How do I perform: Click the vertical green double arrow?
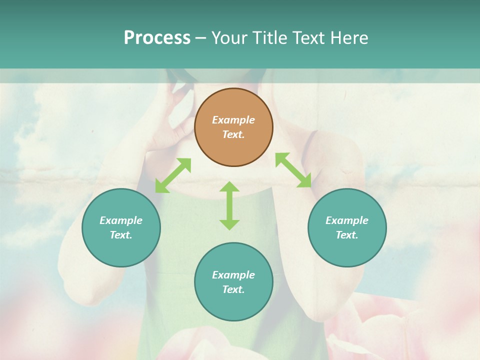coord(229,205)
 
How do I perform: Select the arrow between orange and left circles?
coord(173,175)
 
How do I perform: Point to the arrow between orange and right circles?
coord(293,170)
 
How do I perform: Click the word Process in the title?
coord(157,38)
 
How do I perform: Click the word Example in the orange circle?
coord(233,120)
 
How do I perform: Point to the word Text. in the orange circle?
coord(233,134)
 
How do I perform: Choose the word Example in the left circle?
coord(121,220)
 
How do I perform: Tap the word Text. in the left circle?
coord(121,235)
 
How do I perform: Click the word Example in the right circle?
coord(347,220)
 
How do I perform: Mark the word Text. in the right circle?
coord(347,235)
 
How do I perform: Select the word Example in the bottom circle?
coord(233,275)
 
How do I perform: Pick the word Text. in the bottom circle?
coord(233,289)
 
